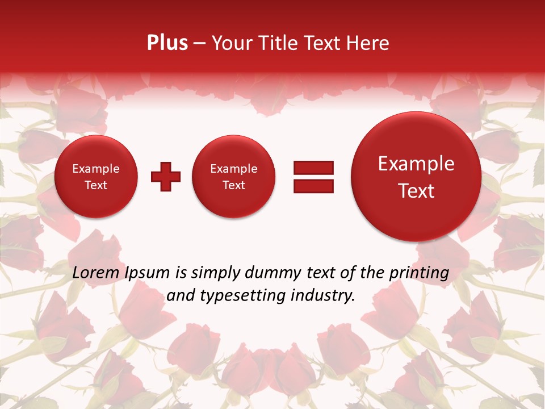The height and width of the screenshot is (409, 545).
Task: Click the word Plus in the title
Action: [x=167, y=43]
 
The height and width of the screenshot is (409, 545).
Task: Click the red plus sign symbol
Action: [x=166, y=177]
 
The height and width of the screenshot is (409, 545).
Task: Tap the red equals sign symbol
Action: [x=313, y=177]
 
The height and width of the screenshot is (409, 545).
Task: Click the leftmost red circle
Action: [x=96, y=177]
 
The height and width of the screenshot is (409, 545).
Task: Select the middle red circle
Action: [x=234, y=177]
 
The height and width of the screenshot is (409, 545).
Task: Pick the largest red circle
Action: [x=416, y=177]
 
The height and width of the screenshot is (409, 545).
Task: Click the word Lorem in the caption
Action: [x=97, y=273]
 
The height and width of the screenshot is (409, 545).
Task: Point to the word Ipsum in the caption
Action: [x=147, y=273]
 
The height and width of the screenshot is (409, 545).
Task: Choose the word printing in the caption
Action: [x=419, y=273]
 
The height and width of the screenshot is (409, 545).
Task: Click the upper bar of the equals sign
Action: [x=313, y=168]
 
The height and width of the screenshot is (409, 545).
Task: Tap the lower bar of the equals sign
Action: [x=313, y=186]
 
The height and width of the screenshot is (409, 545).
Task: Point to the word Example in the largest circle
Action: [x=416, y=164]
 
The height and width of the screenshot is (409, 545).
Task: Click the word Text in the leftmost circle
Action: [x=96, y=185]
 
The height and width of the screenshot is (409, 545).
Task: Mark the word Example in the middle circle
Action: [x=234, y=169]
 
